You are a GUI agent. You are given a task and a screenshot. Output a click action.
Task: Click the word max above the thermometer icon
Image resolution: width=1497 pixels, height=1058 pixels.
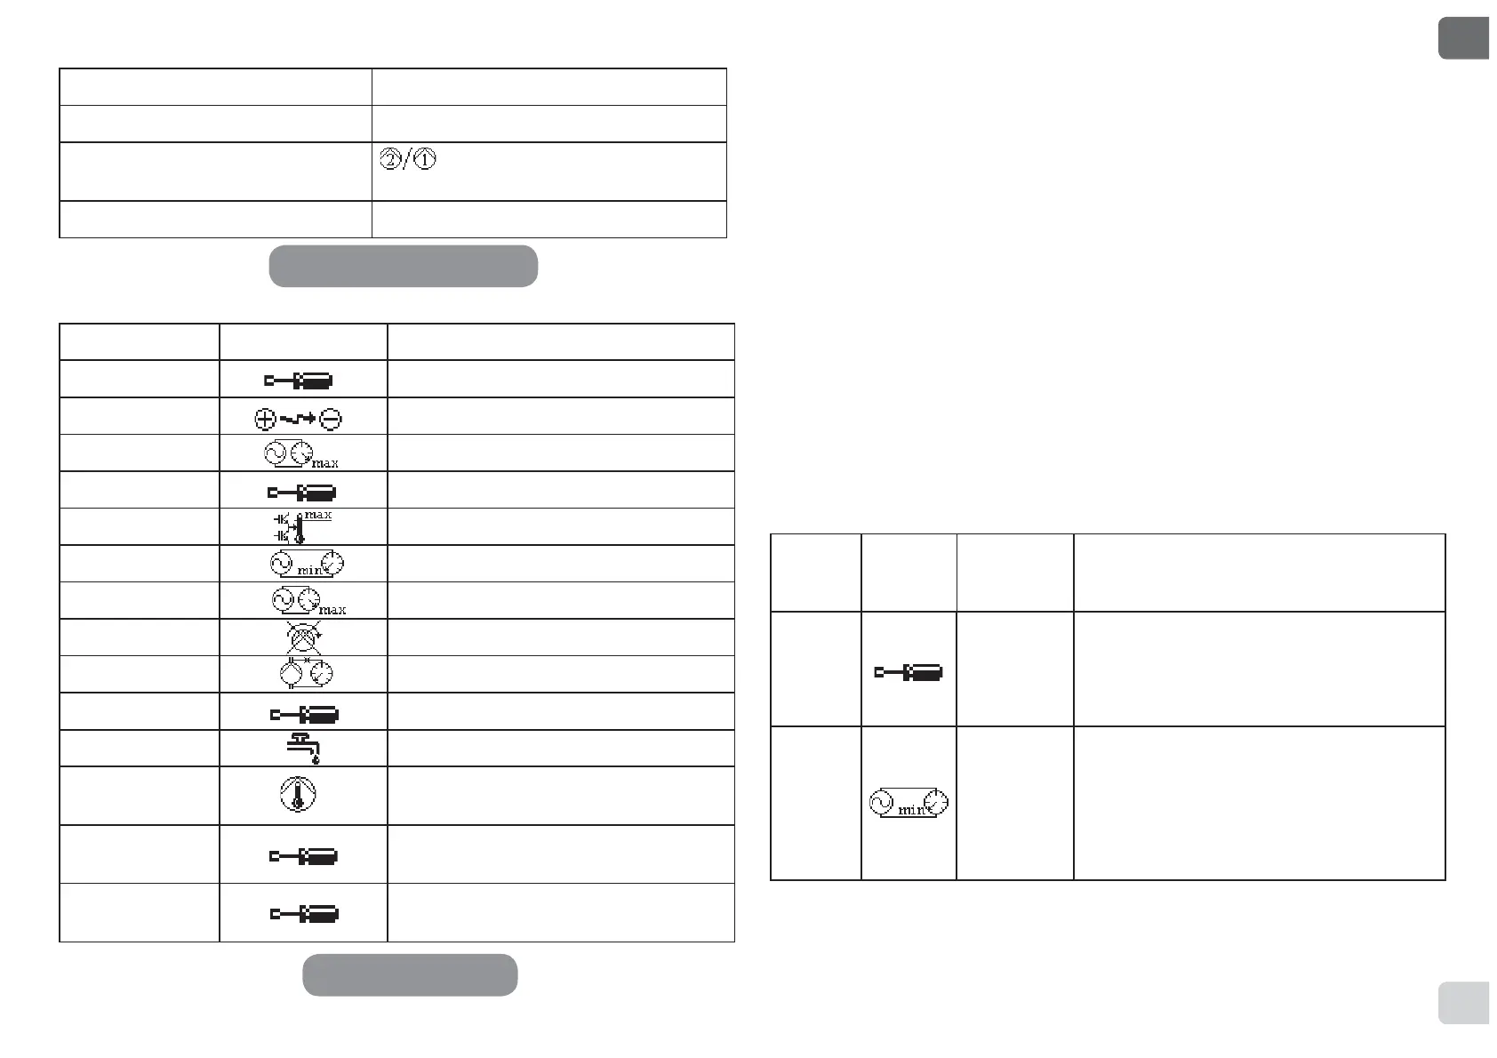click(x=318, y=515)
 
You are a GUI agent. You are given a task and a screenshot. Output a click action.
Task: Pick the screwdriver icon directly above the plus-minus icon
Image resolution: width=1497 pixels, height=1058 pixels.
click(x=299, y=381)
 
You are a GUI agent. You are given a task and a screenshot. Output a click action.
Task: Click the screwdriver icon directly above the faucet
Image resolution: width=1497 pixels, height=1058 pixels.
click(x=303, y=714)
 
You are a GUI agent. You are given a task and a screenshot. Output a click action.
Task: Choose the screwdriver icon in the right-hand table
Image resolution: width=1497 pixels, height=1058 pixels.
click(x=909, y=673)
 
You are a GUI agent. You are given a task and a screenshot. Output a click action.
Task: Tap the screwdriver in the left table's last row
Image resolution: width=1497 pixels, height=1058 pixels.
click(x=303, y=914)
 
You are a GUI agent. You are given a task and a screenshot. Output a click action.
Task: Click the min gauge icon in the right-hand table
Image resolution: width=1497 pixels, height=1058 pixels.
click(x=909, y=805)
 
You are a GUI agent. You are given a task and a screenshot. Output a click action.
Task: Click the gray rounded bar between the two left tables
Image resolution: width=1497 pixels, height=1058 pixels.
click(x=404, y=266)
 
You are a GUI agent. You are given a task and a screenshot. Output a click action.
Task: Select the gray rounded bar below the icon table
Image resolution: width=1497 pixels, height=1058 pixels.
click(x=410, y=974)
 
